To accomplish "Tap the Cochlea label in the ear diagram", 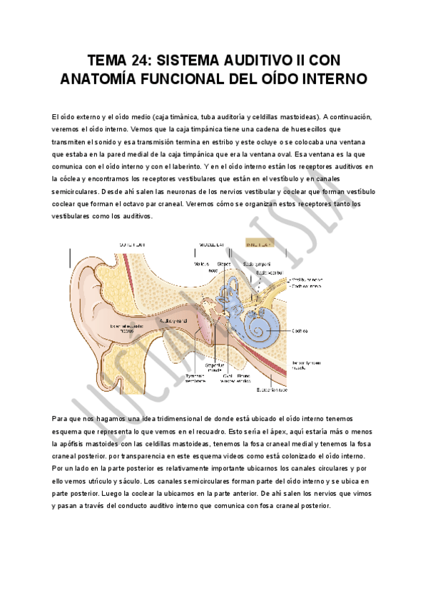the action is [x=300, y=330].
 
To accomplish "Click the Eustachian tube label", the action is [x=272, y=390].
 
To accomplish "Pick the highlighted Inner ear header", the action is [x=258, y=244].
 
